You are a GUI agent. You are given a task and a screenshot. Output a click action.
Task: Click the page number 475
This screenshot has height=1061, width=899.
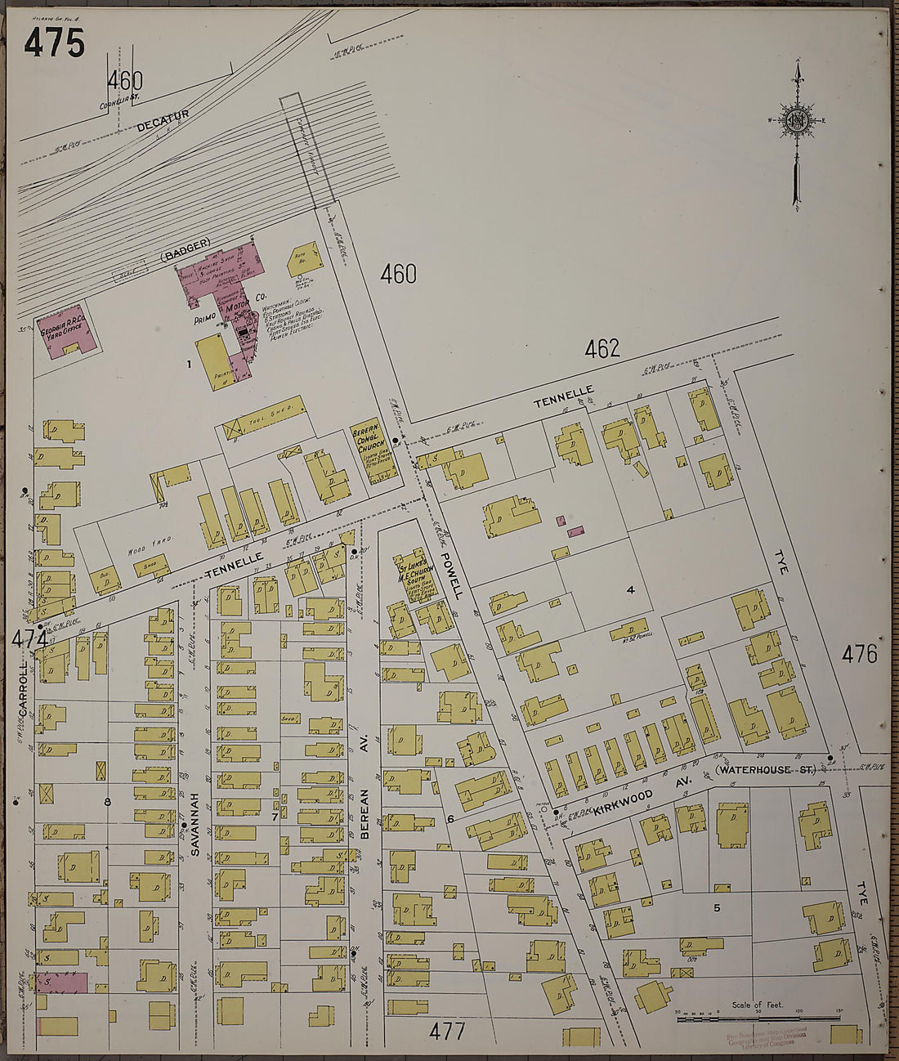coord(54,43)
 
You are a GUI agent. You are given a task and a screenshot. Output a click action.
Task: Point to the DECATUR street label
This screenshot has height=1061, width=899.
coord(163,120)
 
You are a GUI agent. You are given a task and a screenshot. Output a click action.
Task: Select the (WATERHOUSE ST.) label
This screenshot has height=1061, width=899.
coord(765,770)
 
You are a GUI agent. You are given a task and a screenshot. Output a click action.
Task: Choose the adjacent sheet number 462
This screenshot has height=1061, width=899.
coord(602,349)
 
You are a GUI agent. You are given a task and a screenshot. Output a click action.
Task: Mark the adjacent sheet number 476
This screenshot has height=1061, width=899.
coord(860,654)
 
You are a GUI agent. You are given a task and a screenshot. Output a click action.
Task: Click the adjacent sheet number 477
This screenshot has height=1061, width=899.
coord(447,1032)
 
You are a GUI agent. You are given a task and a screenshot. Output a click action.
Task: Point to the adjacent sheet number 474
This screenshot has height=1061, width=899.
coord(29,640)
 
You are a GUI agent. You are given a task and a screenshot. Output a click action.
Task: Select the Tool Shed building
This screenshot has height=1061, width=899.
coord(264,418)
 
